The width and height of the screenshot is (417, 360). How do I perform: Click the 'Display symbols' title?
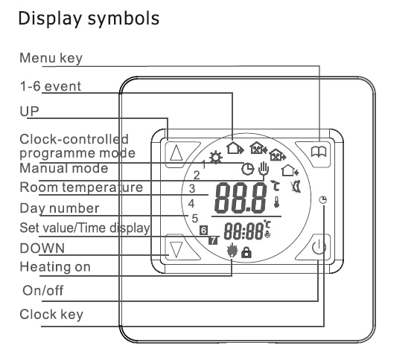[x=89, y=19]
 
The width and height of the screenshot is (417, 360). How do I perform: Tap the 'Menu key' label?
[x=51, y=58]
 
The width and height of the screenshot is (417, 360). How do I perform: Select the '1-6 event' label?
[x=51, y=86]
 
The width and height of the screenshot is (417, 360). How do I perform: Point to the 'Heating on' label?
[x=55, y=267]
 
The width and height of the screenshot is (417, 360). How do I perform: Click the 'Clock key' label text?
[x=51, y=315]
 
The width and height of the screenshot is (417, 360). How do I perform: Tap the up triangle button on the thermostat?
[x=176, y=153]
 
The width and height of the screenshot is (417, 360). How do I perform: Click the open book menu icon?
[x=319, y=152]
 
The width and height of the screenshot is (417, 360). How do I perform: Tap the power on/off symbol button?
[x=319, y=247]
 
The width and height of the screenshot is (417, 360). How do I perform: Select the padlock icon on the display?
[x=246, y=252]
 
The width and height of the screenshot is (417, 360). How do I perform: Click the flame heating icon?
[x=232, y=251]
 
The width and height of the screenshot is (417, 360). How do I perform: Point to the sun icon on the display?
[x=216, y=158]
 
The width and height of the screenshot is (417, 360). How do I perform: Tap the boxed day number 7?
[x=213, y=240]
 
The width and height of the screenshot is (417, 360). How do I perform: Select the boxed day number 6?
[x=204, y=230]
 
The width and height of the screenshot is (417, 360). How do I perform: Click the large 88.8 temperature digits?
[x=241, y=198]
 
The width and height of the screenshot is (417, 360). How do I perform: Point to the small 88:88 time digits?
[x=243, y=231]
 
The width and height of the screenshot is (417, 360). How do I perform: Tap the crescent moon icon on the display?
[x=296, y=187]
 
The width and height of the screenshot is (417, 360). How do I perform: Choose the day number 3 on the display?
[x=192, y=189]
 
